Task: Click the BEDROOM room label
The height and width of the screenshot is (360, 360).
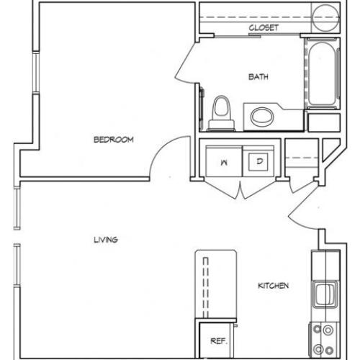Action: (114, 140)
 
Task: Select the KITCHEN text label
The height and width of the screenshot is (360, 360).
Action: (273, 286)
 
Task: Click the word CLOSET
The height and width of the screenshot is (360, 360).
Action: (264, 29)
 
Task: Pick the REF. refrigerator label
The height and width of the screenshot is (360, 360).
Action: (215, 341)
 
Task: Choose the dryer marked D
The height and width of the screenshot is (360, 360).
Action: (258, 162)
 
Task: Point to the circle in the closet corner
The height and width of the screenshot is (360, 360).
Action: (324, 14)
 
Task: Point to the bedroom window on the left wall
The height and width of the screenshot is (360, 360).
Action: (34, 72)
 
